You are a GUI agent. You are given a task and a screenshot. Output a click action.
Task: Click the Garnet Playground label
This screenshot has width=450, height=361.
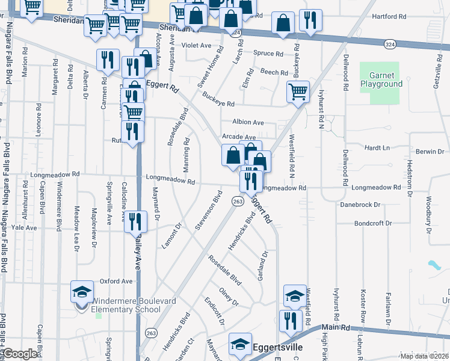(x=381, y=80)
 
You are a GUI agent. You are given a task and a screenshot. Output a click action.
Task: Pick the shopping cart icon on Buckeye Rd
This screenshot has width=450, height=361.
(x=298, y=92)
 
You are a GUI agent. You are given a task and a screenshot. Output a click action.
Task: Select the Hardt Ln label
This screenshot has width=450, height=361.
(x=378, y=147)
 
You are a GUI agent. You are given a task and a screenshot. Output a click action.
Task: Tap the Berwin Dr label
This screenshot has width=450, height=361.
(x=430, y=152)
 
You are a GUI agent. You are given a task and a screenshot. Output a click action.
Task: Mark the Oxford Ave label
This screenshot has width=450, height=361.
(x=116, y=281)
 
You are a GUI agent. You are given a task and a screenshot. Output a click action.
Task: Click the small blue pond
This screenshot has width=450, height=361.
(x=433, y=264)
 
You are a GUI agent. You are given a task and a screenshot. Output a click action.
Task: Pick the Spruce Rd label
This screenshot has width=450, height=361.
(x=268, y=54)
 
